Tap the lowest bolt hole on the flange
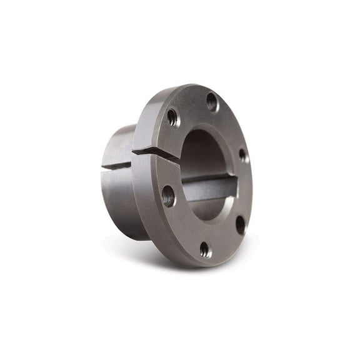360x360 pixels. coord(205,249)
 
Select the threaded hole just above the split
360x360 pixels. coord(172,117)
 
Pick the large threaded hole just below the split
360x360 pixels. coord(168,196)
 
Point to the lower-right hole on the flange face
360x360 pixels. coord(240,224)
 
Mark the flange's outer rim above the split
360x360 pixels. coord(142,125)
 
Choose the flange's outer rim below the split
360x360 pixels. coord(140,200)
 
